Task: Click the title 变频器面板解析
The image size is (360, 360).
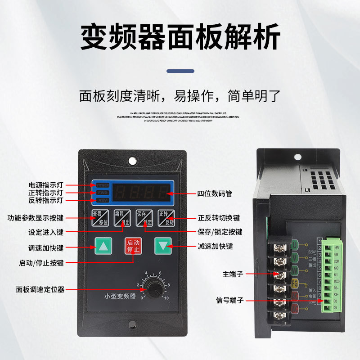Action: (x=180, y=37)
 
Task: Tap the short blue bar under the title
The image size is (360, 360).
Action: (x=180, y=71)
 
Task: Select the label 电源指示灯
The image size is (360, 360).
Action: (x=46, y=185)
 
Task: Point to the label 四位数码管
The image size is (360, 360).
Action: (x=215, y=193)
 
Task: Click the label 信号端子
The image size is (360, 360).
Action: (x=230, y=300)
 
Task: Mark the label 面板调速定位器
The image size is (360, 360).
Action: (x=40, y=289)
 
